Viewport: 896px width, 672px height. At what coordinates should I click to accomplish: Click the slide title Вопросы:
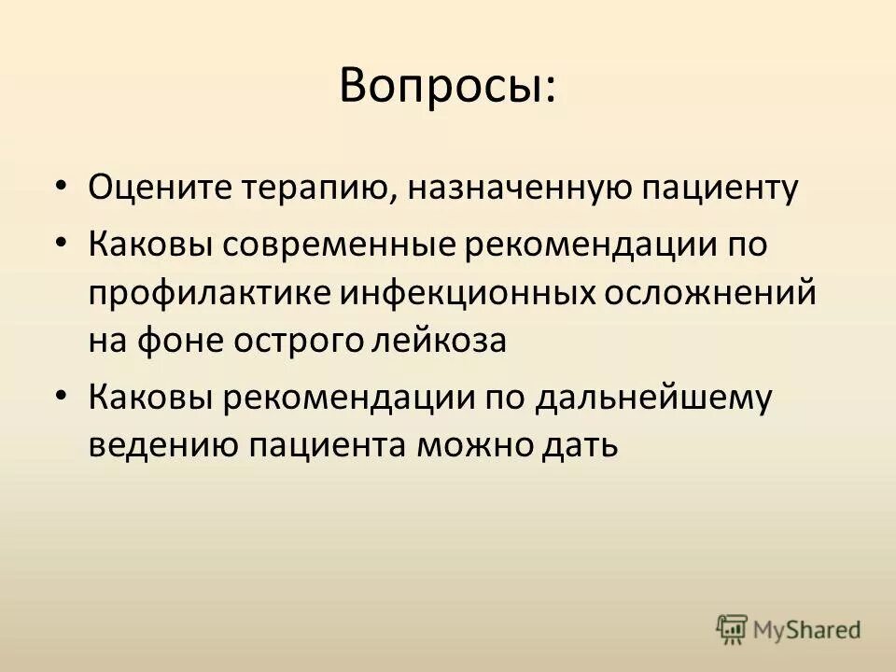coord(447,87)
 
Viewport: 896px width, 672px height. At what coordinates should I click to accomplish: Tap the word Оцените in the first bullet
coord(151,189)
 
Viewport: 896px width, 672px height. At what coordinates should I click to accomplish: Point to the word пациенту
coord(719,189)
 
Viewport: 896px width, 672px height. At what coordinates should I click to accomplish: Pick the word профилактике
coord(206,293)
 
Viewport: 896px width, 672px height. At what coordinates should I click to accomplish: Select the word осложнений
coord(711,293)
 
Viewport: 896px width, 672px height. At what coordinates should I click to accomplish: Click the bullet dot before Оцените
coord(62,185)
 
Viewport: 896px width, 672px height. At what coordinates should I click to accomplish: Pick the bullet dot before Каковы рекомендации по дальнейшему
coord(62,395)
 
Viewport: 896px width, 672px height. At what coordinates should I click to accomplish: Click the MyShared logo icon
coord(733,630)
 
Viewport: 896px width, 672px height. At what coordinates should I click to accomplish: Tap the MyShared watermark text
coord(807,631)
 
